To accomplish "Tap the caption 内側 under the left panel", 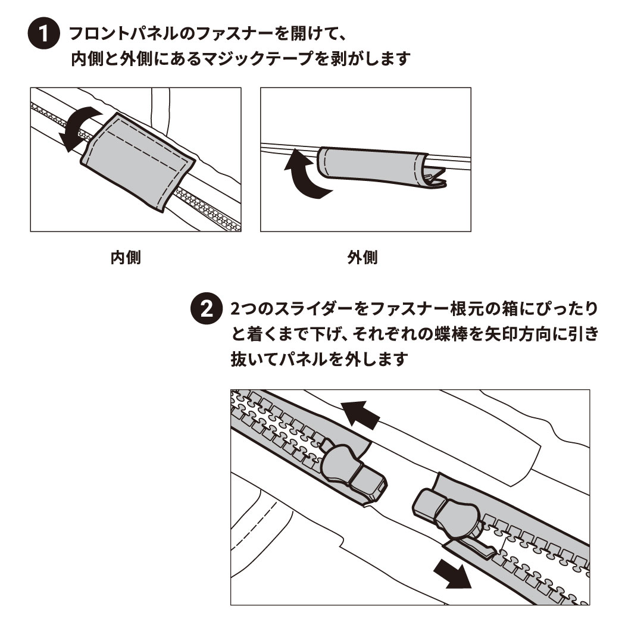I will pyautogui.click(x=126, y=258).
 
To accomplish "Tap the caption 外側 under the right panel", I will pyautogui.click(x=362, y=258).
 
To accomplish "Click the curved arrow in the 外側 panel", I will pyautogui.click(x=304, y=176).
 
